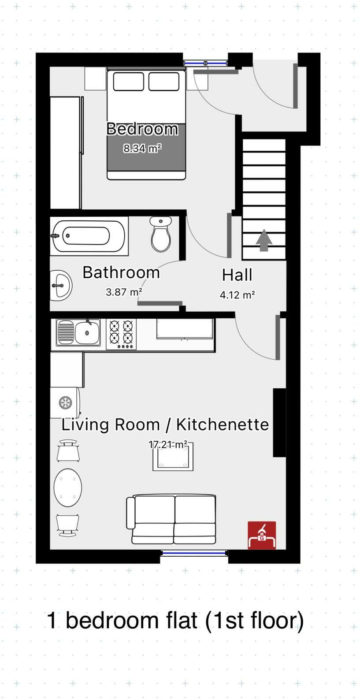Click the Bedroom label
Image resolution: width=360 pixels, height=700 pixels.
pyautogui.click(x=142, y=129)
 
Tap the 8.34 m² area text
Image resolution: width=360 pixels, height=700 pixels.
pyautogui.click(x=142, y=149)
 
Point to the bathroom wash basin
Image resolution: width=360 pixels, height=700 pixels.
pyautogui.click(x=61, y=285)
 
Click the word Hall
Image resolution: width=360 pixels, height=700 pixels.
pyautogui.click(x=237, y=275)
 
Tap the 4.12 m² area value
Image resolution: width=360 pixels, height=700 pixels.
pyautogui.click(x=237, y=295)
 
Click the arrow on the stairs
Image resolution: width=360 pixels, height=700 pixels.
pyautogui.click(x=264, y=240)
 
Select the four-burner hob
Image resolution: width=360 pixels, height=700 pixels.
pyautogui.click(x=121, y=334)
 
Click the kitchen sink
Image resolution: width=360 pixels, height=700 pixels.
pyautogui.click(x=78, y=332)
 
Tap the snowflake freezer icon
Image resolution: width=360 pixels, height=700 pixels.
pyautogui.click(x=65, y=402)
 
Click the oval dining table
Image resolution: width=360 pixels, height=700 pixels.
pyautogui.click(x=68, y=488)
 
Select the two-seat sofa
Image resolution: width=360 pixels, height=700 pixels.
pyautogui.click(x=172, y=519)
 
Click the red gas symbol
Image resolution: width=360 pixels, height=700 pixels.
pyautogui.click(x=262, y=535)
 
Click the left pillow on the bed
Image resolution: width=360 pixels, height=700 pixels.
pyautogui.click(x=128, y=82)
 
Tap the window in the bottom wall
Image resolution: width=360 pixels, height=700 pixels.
pyautogui.click(x=194, y=553)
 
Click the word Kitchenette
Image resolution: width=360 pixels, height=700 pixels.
pyautogui.click(x=223, y=424)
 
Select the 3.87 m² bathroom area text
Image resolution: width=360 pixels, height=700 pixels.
pyautogui.click(x=124, y=292)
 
